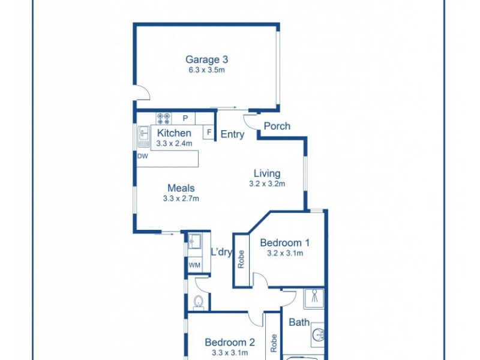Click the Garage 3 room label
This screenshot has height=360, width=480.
pyautogui.click(x=206, y=59)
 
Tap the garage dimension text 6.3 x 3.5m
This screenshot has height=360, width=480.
pyautogui.click(x=206, y=70)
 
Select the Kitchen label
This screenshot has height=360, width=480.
pyautogui.click(x=174, y=133)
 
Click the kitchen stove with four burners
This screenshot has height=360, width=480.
pyautogui.click(x=164, y=118)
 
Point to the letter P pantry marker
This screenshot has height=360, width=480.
pyautogui.click(x=185, y=118)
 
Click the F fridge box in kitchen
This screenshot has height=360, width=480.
pyautogui.click(x=209, y=132)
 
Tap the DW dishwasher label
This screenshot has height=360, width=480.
pyautogui.click(x=142, y=156)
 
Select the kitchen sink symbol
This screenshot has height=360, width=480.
pyautogui.click(x=143, y=137)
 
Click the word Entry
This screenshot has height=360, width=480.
pyautogui.click(x=232, y=134)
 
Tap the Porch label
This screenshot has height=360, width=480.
pyautogui.click(x=277, y=126)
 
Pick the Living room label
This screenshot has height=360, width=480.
pyautogui.click(x=266, y=174)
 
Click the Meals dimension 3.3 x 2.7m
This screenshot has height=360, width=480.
pyautogui.click(x=181, y=199)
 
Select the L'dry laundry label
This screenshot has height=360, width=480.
pyautogui.click(x=221, y=252)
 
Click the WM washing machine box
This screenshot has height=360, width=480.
pyautogui.click(x=194, y=265)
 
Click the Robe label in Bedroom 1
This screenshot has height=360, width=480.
pyautogui.click(x=241, y=259)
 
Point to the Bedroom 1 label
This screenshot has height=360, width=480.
pyautogui.click(x=284, y=243)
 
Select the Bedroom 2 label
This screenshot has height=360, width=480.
pyautogui.click(x=230, y=343)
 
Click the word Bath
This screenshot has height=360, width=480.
pyautogui.click(x=299, y=322)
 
